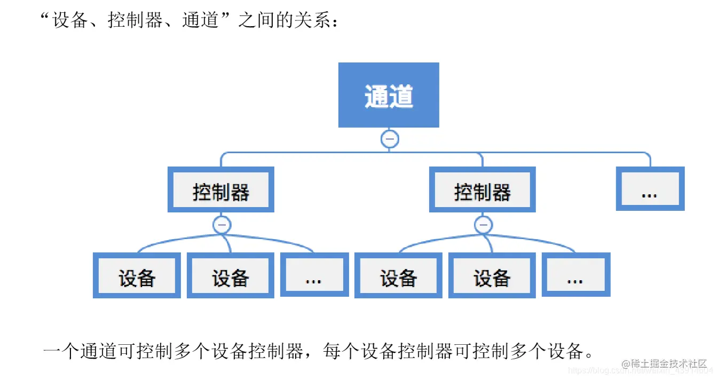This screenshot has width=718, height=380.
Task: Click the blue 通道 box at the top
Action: (x=389, y=95)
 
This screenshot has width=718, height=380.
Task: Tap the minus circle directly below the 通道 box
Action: (x=389, y=139)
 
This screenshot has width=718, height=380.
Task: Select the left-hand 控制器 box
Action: (x=221, y=190)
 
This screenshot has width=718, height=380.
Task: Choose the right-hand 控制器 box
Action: (x=482, y=190)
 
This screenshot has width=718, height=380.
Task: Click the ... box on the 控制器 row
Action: (x=650, y=189)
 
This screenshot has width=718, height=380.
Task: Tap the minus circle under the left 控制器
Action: (x=222, y=225)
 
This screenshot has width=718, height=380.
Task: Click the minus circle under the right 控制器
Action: (x=484, y=225)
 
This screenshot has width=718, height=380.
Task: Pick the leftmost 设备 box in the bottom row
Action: (x=137, y=275)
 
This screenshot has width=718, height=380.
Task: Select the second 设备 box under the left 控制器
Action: (x=230, y=275)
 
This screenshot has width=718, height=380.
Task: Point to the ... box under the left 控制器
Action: (x=314, y=275)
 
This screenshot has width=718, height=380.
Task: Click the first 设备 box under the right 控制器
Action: (x=398, y=275)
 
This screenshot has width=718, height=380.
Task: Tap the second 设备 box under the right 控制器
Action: (x=492, y=275)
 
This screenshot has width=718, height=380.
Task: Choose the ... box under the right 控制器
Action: (x=575, y=275)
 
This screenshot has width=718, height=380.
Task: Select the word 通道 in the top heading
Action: (x=200, y=20)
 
